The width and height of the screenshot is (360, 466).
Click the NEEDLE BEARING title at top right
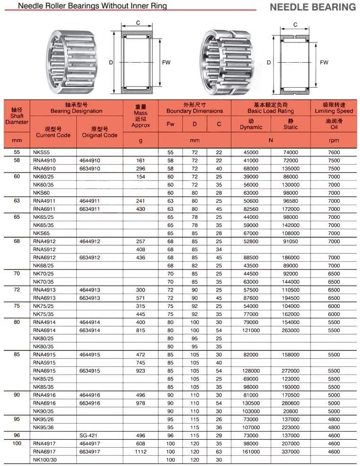click(x=312, y=7)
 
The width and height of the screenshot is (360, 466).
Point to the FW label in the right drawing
click(x=324, y=62)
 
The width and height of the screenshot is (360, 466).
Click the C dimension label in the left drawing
click(x=138, y=23)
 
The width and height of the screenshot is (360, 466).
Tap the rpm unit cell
click(x=334, y=140)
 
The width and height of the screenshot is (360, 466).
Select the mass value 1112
click(x=140, y=452)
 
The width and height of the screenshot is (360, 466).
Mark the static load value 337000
click(x=291, y=452)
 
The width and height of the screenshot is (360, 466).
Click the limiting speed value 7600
click(x=334, y=152)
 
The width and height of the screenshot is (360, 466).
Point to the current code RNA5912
click(x=44, y=249)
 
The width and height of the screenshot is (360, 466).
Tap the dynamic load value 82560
click(x=251, y=209)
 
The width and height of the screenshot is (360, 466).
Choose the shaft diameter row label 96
click(x=17, y=436)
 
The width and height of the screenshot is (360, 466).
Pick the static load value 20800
click(x=291, y=411)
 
